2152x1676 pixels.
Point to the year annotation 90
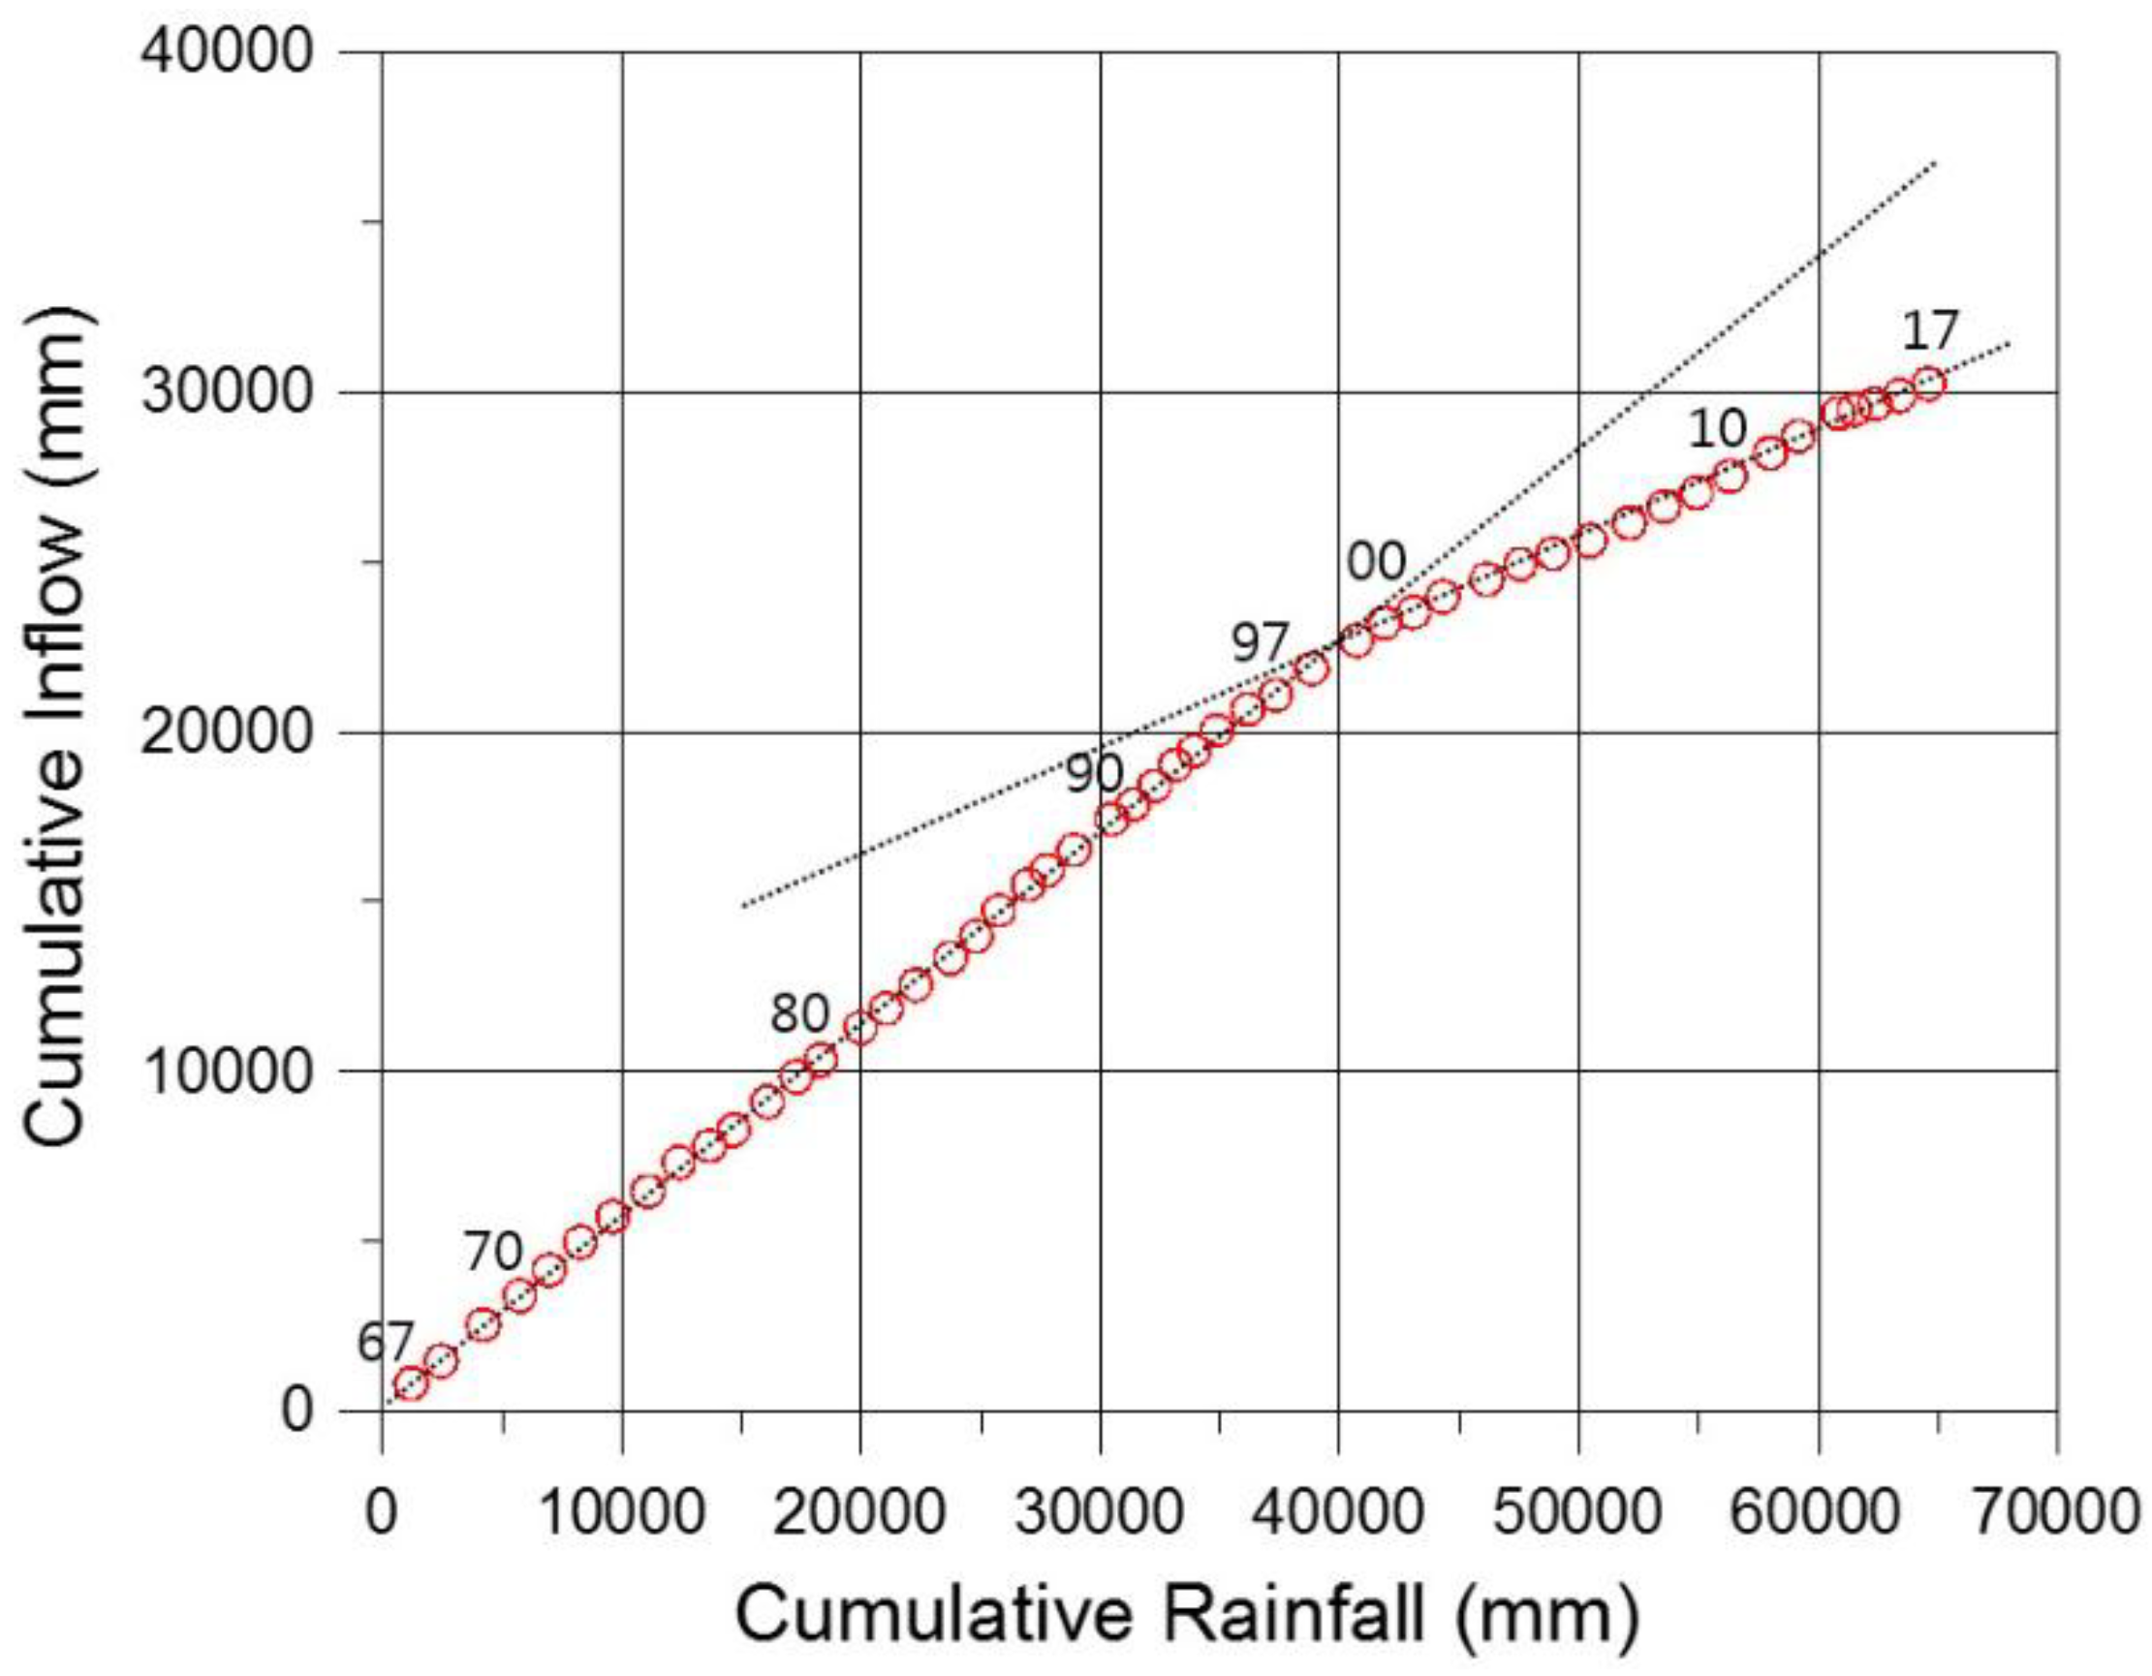click(1094, 773)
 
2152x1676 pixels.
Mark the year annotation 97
click(1261, 645)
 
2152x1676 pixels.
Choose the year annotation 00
click(1377, 563)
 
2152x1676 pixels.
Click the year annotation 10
click(1718, 428)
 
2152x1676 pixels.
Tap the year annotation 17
click(1930, 331)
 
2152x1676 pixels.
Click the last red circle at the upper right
click(1928, 383)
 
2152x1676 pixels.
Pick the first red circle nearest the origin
click(410, 1384)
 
